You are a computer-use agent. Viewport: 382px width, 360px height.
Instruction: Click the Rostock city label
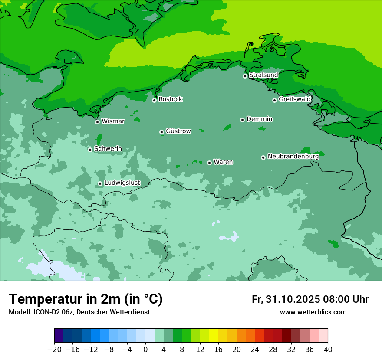click(x=170, y=99)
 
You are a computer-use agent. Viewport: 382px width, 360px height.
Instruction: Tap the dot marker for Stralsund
click(x=245, y=76)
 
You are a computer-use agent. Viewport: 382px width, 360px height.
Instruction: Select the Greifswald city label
click(x=294, y=99)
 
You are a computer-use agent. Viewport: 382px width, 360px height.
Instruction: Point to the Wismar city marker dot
click(x=97, y=122)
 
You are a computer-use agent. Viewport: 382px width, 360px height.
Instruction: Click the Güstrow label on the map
click(x=178, y=131)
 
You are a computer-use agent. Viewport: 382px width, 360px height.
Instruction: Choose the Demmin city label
click(x=259, y=119)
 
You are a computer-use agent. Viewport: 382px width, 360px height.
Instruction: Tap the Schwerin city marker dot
click(x=90, y=150)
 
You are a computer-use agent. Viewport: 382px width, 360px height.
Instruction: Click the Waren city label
click(x=223, y=162)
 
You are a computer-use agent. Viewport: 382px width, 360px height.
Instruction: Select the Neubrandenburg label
click(x=293, y=157)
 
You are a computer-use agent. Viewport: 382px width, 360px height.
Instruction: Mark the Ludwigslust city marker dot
click(x=100, y=183)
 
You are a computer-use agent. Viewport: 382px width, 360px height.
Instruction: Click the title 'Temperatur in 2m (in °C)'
click(x=86, y=299)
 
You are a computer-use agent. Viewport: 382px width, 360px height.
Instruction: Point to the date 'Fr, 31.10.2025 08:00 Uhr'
click(x=310, y=299)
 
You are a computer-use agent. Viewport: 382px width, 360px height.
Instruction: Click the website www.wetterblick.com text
click(x=313, y=312)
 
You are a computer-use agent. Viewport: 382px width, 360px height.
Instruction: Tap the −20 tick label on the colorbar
click(x=54, y=350)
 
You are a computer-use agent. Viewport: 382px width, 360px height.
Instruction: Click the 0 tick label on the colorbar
click(x=145, y=350)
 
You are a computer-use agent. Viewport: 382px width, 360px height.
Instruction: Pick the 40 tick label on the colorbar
click(x=328, y=350)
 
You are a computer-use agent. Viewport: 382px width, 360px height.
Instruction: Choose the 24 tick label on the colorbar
click(x=255, y=350)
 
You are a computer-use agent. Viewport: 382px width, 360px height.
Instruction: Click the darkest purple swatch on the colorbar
click(x=59, y=336)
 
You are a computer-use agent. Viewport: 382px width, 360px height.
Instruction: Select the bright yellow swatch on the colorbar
click(x=214, y=336)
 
